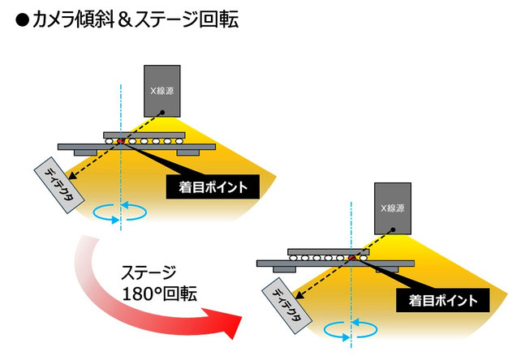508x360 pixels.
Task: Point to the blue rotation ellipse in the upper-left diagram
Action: tap(121, 213)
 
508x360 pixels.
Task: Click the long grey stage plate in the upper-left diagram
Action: tap(136, 146)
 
